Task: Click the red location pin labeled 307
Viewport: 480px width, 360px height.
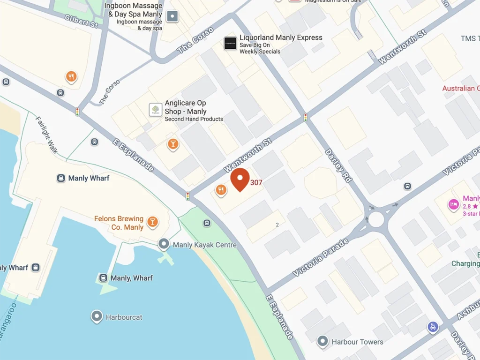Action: (240, 179)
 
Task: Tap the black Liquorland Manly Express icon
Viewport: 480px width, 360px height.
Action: (230, 43)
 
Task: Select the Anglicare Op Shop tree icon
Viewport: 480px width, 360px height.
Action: (156, 110)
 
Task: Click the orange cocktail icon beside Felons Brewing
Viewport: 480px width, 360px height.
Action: (152, 222)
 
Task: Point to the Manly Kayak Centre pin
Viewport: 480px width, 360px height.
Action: (164, 244)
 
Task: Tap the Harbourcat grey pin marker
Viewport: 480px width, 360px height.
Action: (97, 317)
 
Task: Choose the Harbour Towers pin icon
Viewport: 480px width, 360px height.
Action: (322, 341)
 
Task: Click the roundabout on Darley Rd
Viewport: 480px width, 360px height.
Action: (376, 218)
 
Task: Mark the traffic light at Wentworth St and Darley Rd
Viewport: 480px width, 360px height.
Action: (306, 117)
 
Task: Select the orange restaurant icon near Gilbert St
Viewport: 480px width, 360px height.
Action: (71, 76)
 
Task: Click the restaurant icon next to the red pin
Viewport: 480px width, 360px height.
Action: (221, 189)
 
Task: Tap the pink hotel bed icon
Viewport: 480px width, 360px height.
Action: (453, 204)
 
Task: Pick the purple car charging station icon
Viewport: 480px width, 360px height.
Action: (433, 327)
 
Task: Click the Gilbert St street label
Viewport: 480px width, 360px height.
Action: (82, 21)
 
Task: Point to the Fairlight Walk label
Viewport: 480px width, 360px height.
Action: (47, 135)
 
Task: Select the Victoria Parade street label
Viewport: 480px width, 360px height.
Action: (321, 257)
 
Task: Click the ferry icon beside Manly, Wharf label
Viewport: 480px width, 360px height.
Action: (103, 278)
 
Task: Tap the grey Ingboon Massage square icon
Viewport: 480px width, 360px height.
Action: (173, 17)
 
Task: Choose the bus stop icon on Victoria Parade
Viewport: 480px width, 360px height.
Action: (408, 186)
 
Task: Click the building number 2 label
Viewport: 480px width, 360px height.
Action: (277, 225)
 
